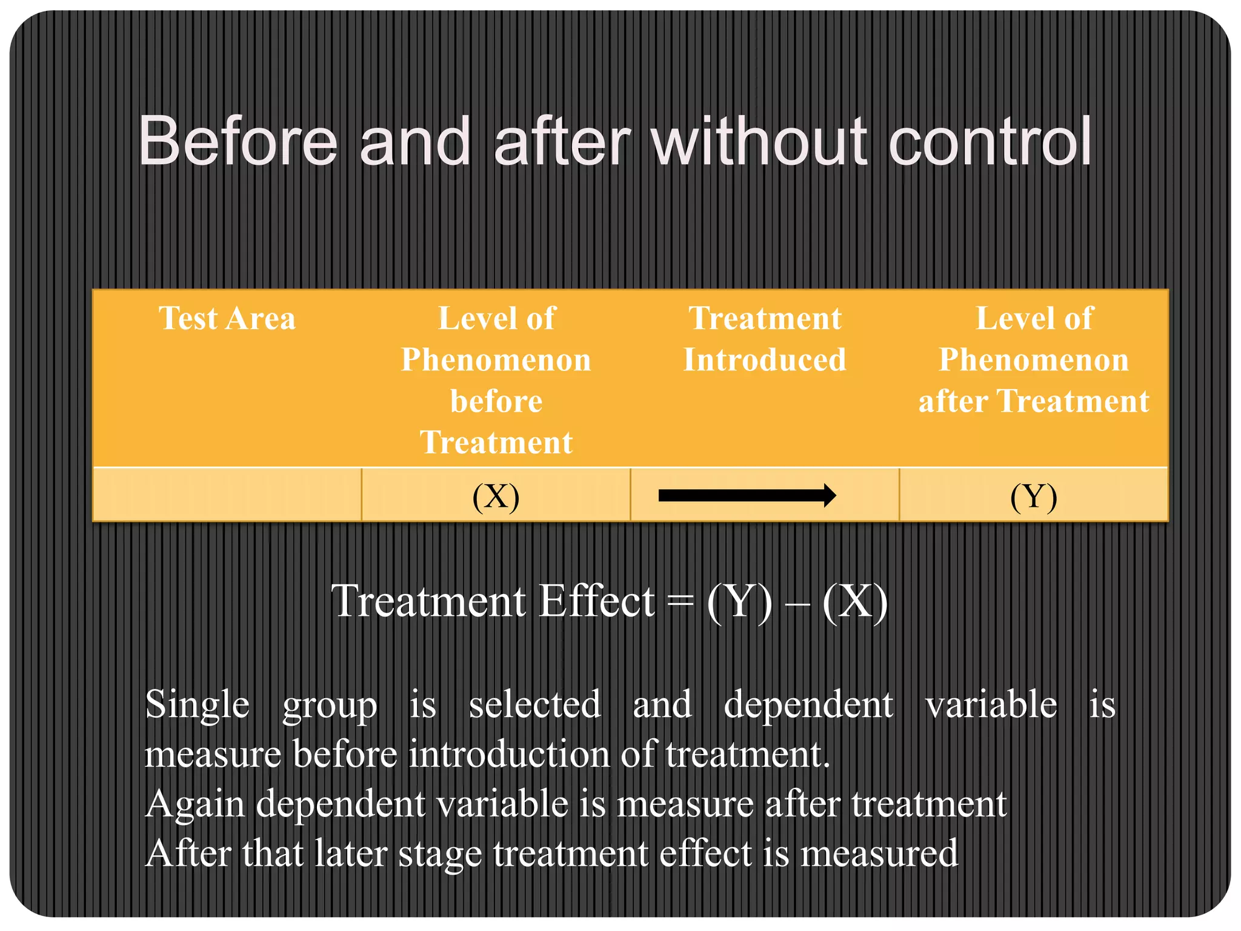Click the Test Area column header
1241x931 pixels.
[227, 318]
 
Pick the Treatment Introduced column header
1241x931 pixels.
[765, 339]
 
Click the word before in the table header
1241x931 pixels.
[496, 401]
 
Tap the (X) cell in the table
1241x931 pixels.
[496, 496]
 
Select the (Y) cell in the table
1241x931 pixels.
[1033, 496]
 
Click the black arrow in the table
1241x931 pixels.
[747, 496]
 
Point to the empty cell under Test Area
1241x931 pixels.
[227, 495]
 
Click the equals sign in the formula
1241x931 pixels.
[680, 602]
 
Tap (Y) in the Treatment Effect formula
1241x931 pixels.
[740, 602]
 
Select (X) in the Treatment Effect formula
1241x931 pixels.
[855, 602]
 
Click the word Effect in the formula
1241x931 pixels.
[597, 602]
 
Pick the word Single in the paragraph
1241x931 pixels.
[197, 705]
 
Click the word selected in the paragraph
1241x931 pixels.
[534, 705]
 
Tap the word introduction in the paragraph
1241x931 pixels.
[509, 755]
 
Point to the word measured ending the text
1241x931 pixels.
[879, 853]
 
